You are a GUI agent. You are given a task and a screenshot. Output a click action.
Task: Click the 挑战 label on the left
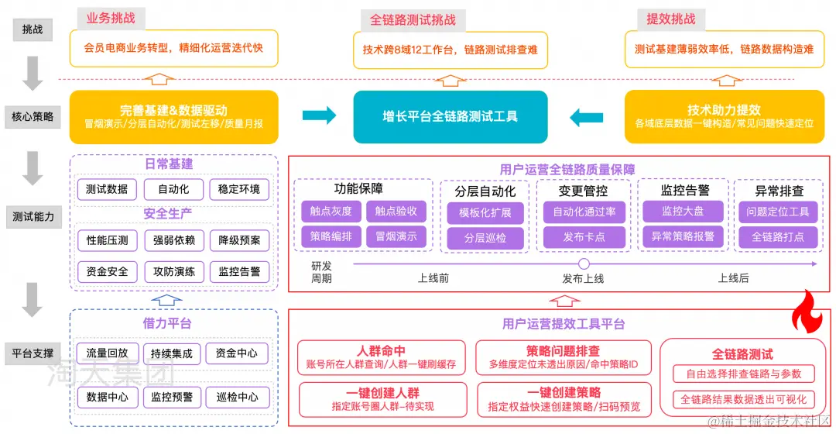pos(33,29)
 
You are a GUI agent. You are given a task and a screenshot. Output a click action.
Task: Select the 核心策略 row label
pos(33,117)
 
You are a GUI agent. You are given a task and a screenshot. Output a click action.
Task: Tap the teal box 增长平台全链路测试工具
pos(450,117)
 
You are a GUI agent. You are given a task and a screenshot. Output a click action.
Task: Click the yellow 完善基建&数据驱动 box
pos(173,117)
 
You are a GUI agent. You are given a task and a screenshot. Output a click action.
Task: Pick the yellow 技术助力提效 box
pos(723,117)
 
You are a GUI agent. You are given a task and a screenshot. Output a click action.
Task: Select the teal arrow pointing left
pos(586,117)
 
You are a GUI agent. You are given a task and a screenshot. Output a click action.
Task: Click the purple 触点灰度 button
pos(331,211)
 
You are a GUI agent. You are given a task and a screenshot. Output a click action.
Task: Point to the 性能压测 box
pos(107,240)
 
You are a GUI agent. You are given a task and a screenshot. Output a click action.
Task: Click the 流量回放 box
pos(107,353)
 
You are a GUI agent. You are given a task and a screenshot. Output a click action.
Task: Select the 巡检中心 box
pos(237,398)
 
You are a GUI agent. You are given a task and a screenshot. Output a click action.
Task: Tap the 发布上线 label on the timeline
pos(583,278)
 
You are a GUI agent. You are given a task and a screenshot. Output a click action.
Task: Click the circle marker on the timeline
pos(584,264)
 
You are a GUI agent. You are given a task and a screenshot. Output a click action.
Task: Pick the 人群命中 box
pos(382,357)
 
